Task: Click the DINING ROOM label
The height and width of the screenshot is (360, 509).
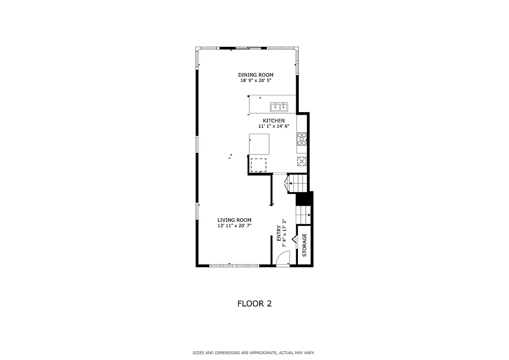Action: tap(256, 75)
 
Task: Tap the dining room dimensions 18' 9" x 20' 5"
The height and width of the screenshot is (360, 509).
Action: tap(256, 81)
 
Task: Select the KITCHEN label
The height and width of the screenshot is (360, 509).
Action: tap(274, 121)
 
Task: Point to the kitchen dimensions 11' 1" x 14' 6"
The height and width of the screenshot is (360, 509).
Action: tap(274, 126)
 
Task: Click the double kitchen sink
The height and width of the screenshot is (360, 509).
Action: tap(279, 107)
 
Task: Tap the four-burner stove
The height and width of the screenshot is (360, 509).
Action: tap(302, 138)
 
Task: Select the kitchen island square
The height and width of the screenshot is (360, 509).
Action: tap(259, 144)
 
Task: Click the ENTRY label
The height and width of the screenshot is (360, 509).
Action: tap(279, 233)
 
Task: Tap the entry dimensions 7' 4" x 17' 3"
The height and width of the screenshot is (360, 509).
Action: tap(284, 233)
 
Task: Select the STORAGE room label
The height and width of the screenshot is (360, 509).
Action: tap(304, 245)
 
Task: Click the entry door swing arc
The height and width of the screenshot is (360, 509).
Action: tap(283, 259)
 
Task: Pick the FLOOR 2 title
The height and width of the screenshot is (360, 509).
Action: tap(254, 304)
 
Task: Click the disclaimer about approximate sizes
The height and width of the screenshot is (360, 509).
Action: tap(254, 353)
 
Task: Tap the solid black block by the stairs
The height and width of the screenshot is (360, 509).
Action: tap(304, 198)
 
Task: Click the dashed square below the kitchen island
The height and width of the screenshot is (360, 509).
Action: tap(258, 165)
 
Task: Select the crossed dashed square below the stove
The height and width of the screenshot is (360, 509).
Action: tap(302, 161)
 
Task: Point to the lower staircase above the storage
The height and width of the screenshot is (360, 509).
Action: tap(303, 215)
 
